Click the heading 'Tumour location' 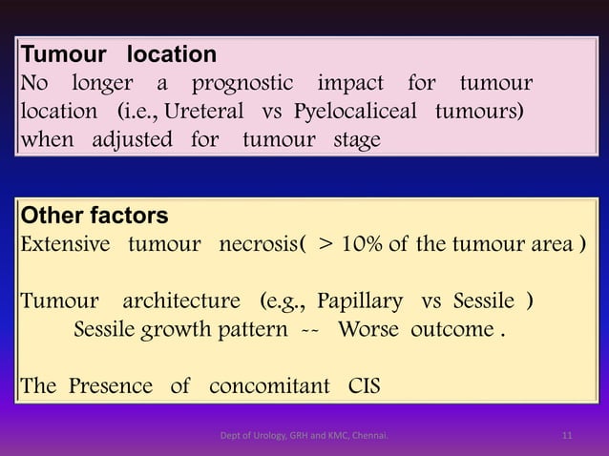(x=119, y=54)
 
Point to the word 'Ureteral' (x=207, y=113)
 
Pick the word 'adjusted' (x=133, y=141)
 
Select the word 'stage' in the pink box (x=356, y=141)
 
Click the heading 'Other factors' (x=94, y=215)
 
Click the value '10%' (x=379, y=242)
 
